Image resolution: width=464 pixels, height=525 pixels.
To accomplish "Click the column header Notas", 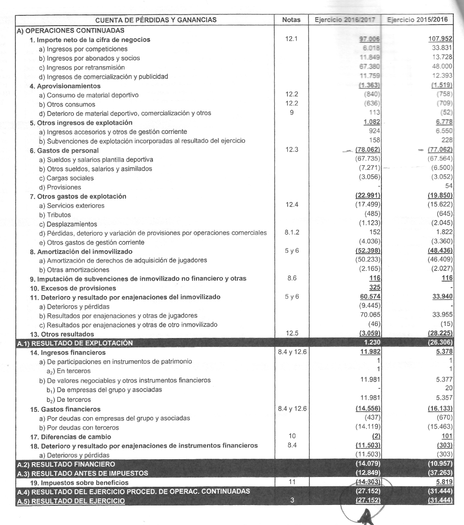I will point(294,20).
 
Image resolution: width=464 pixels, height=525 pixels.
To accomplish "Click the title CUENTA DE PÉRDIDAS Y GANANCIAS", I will point(149,20).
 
